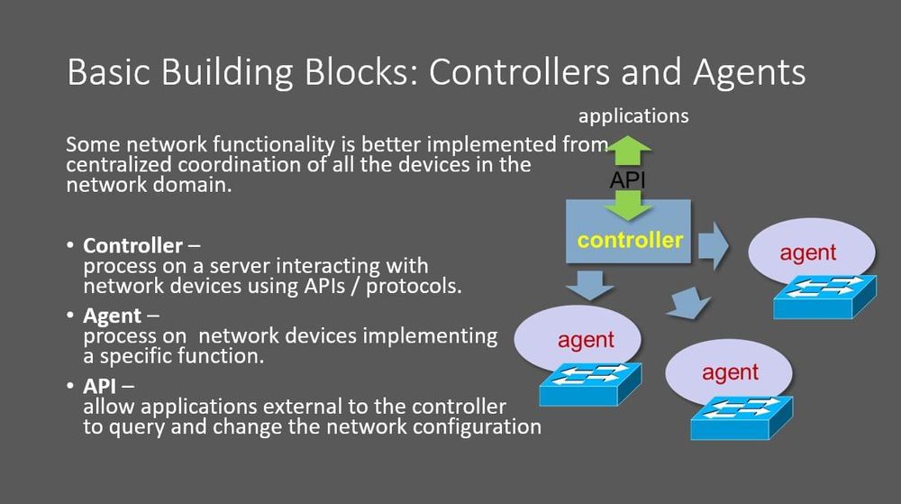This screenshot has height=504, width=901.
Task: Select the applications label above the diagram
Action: (633, 116)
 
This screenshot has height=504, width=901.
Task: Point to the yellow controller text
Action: (630, 241)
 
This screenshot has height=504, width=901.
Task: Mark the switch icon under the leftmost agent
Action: (590, 382)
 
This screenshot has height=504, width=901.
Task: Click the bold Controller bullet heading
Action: (132, 246)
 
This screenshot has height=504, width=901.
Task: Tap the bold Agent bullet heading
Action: (113, 316)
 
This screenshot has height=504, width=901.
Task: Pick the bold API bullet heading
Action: (101, 386)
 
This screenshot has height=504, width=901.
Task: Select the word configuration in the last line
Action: (478, 426)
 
